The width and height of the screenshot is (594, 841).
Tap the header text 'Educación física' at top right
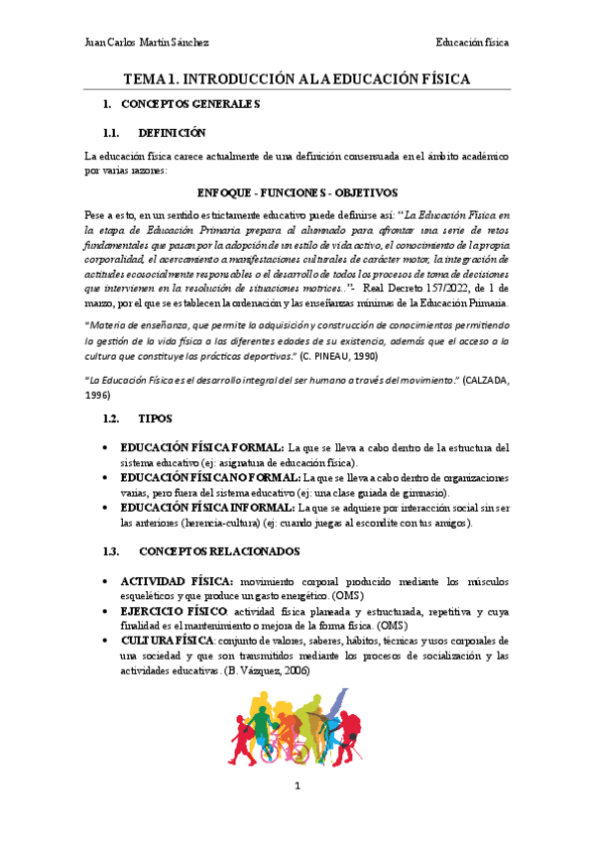point(472,43)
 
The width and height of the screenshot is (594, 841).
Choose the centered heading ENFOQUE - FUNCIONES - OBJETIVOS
point(297,191)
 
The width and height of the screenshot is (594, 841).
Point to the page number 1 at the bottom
point(297,787)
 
